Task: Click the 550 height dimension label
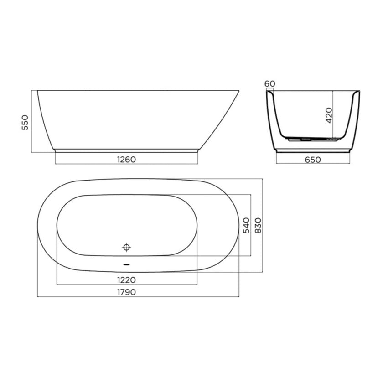(x=26, y=122)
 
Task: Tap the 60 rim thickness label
(x=269, y=83)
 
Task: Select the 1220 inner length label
(x=126, y=279)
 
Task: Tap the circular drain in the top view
(x=127, y=247)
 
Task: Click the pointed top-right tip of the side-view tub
(x=240, y=90)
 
